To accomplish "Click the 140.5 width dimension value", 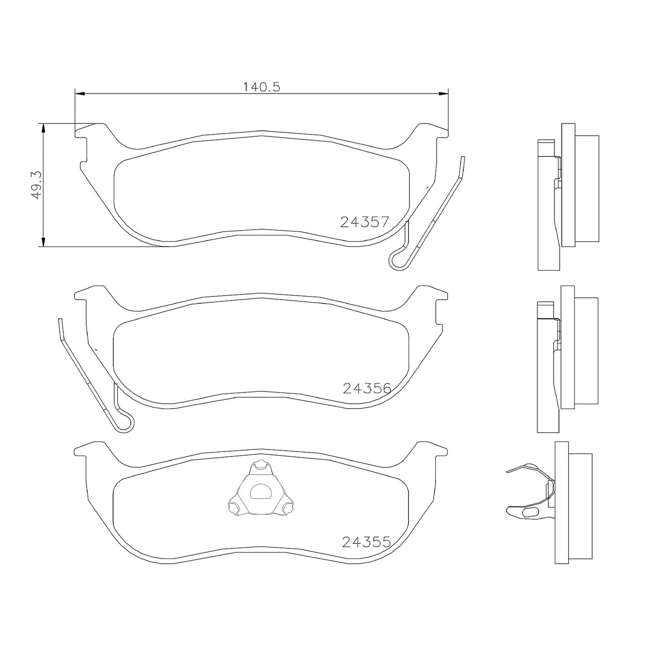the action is (x=261, y=87).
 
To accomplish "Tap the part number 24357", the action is (x=365, y=222).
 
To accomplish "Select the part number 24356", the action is (x=367, y=389).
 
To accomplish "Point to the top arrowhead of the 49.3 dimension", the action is (x=43, y=128).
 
